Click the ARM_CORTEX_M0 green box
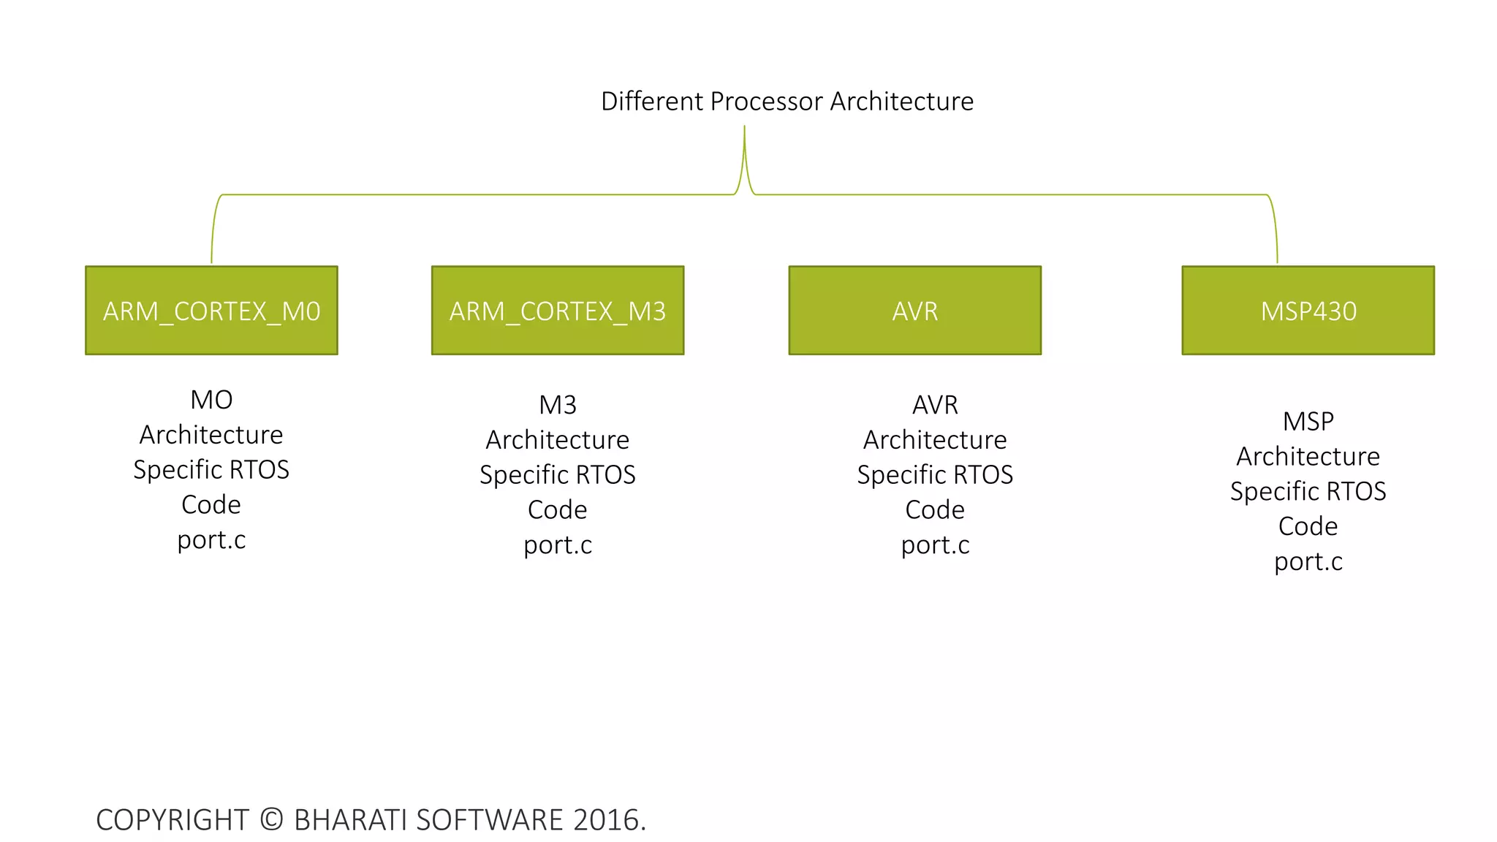click(211, 311)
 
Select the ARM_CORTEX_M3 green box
click(558, 311)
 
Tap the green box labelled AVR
click(914, 311)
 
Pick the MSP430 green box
click(1308, 311)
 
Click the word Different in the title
click(651, 102)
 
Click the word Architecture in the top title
click(901, 102)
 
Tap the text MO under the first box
click(211, 400)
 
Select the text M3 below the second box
click(558, 405)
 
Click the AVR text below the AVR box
click(935, 405)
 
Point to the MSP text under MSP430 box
click(1308, 422)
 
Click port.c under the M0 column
click(211, 540)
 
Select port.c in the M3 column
click(558, 545)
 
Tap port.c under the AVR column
click(935, 545)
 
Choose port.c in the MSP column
click(1308, 562)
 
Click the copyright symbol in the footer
click(271, 819)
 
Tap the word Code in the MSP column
click(1308, 526)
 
